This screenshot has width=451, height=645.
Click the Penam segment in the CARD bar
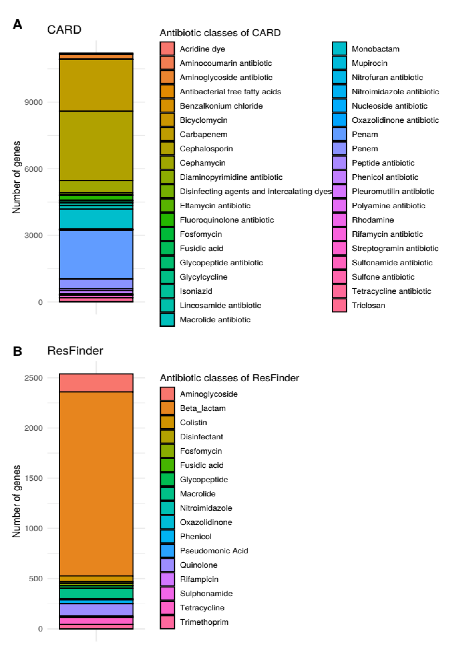(96, 254)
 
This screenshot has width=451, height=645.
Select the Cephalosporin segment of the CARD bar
(96, 146)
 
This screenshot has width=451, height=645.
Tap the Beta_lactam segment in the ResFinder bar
(96, 483)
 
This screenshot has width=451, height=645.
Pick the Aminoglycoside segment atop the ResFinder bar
(96, 383)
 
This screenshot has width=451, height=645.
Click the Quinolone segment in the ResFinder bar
(96, 610)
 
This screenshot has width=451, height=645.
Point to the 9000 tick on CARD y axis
(33, 102)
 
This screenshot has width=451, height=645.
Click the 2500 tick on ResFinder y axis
(33, 378)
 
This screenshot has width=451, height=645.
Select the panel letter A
(17, 25)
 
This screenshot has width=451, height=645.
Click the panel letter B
(17, 351)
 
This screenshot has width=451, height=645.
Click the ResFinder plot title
(75, 351)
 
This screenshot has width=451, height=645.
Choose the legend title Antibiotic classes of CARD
(220, 33)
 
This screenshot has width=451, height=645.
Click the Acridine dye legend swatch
(167, 49)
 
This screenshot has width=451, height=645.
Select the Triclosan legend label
(368, 305)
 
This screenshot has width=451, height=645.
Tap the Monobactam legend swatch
(339, 49)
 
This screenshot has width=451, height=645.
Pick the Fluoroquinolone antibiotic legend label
(226, 220)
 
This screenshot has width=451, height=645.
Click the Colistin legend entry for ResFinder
(193, 422)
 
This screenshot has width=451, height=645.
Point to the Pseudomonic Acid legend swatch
(167, 551)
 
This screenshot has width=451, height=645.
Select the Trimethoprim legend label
(204, 622)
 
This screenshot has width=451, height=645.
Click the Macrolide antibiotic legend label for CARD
(215, 320)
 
